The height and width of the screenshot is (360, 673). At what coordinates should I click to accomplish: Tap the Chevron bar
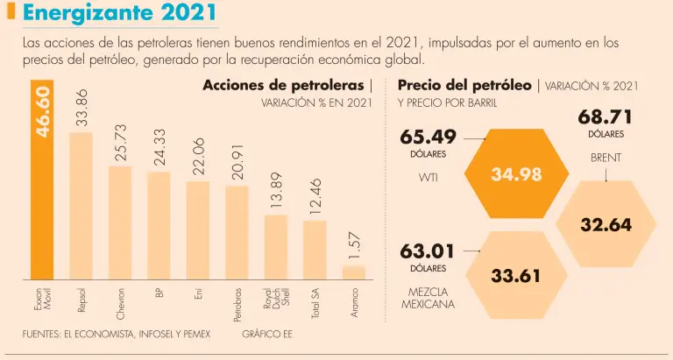point(120,223)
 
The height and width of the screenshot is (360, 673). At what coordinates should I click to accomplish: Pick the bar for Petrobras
point(237,233)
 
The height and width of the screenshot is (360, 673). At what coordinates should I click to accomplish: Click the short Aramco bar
point(353,272)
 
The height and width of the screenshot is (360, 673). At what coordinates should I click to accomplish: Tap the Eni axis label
point(198,296)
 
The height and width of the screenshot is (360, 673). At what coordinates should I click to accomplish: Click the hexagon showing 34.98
point(516,174)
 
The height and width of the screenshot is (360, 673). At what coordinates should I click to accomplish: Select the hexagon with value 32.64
point(606,224)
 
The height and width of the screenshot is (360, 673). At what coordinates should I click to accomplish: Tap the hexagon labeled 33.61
point(516,276)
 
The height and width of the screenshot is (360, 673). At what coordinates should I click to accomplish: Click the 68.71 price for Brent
point(605,117)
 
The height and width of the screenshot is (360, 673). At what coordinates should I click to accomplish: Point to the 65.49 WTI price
point(428,138)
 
